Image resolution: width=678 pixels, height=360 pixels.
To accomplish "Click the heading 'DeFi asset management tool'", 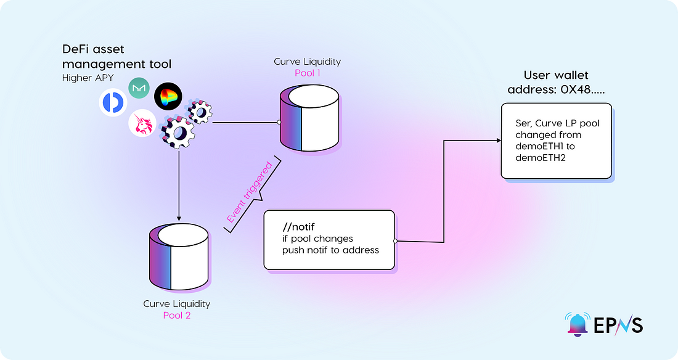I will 116,56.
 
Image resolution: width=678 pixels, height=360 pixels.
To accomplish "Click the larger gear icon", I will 176,131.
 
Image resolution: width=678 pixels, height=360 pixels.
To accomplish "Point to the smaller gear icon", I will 200,112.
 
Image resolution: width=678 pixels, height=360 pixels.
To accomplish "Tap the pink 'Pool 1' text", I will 308,73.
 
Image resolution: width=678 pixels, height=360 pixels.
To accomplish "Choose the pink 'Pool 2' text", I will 176,316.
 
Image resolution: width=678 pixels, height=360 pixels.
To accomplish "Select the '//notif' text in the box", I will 296,226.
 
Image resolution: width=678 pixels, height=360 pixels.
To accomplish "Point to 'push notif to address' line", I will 330,250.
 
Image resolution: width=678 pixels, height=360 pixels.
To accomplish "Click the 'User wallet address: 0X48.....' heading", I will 555,83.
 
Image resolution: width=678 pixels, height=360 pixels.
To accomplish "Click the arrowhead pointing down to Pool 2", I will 179,218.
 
